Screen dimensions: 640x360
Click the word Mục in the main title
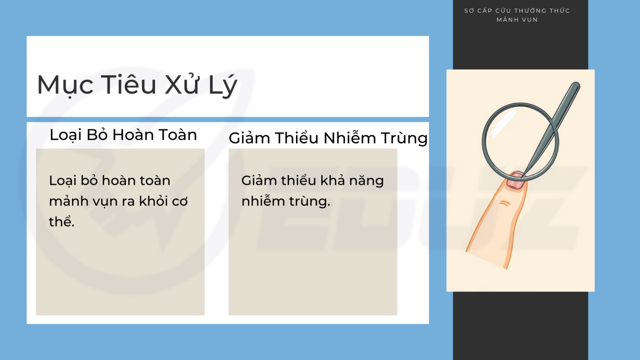click(65, 85)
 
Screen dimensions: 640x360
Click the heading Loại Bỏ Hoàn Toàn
click(123, 135)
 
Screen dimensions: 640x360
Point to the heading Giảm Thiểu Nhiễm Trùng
click(328, 138)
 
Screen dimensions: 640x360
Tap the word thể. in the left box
click(62, 221)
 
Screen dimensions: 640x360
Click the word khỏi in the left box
click(154, 201)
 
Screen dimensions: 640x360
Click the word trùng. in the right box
click(310, 201)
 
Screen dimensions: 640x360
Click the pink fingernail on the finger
click(516, 181)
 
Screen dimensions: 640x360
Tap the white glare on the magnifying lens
click(503, 123)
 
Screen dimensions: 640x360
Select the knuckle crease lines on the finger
click(505, 203)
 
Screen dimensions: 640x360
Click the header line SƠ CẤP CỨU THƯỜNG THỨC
click(517, 11)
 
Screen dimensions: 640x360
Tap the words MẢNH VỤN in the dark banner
click(517, 20)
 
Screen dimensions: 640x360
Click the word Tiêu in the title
click(128, 84)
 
